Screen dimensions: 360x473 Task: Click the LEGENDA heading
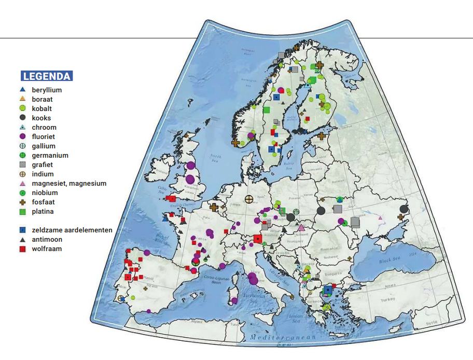tap(47, 76)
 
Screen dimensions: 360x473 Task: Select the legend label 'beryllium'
tap(47, 90)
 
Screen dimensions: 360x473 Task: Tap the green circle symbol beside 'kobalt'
tap(22, 109)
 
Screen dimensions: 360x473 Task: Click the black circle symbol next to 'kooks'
tap(22, 118)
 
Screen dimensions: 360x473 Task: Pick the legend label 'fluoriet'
tap(43, 137)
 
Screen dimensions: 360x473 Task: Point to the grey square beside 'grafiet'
tap(22, 165)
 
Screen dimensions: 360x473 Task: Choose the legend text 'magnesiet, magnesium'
tap(69, 184)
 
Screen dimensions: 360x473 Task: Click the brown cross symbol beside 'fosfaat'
tap(22, 202)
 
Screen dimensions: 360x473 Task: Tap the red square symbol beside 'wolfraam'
tap(22, 249)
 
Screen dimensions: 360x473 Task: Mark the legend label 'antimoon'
tap(46, 240)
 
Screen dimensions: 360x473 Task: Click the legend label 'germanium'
tap(50, 156)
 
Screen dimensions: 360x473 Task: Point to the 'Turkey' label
tap(387, 300)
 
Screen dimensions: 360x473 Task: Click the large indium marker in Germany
tap(249, 199)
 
